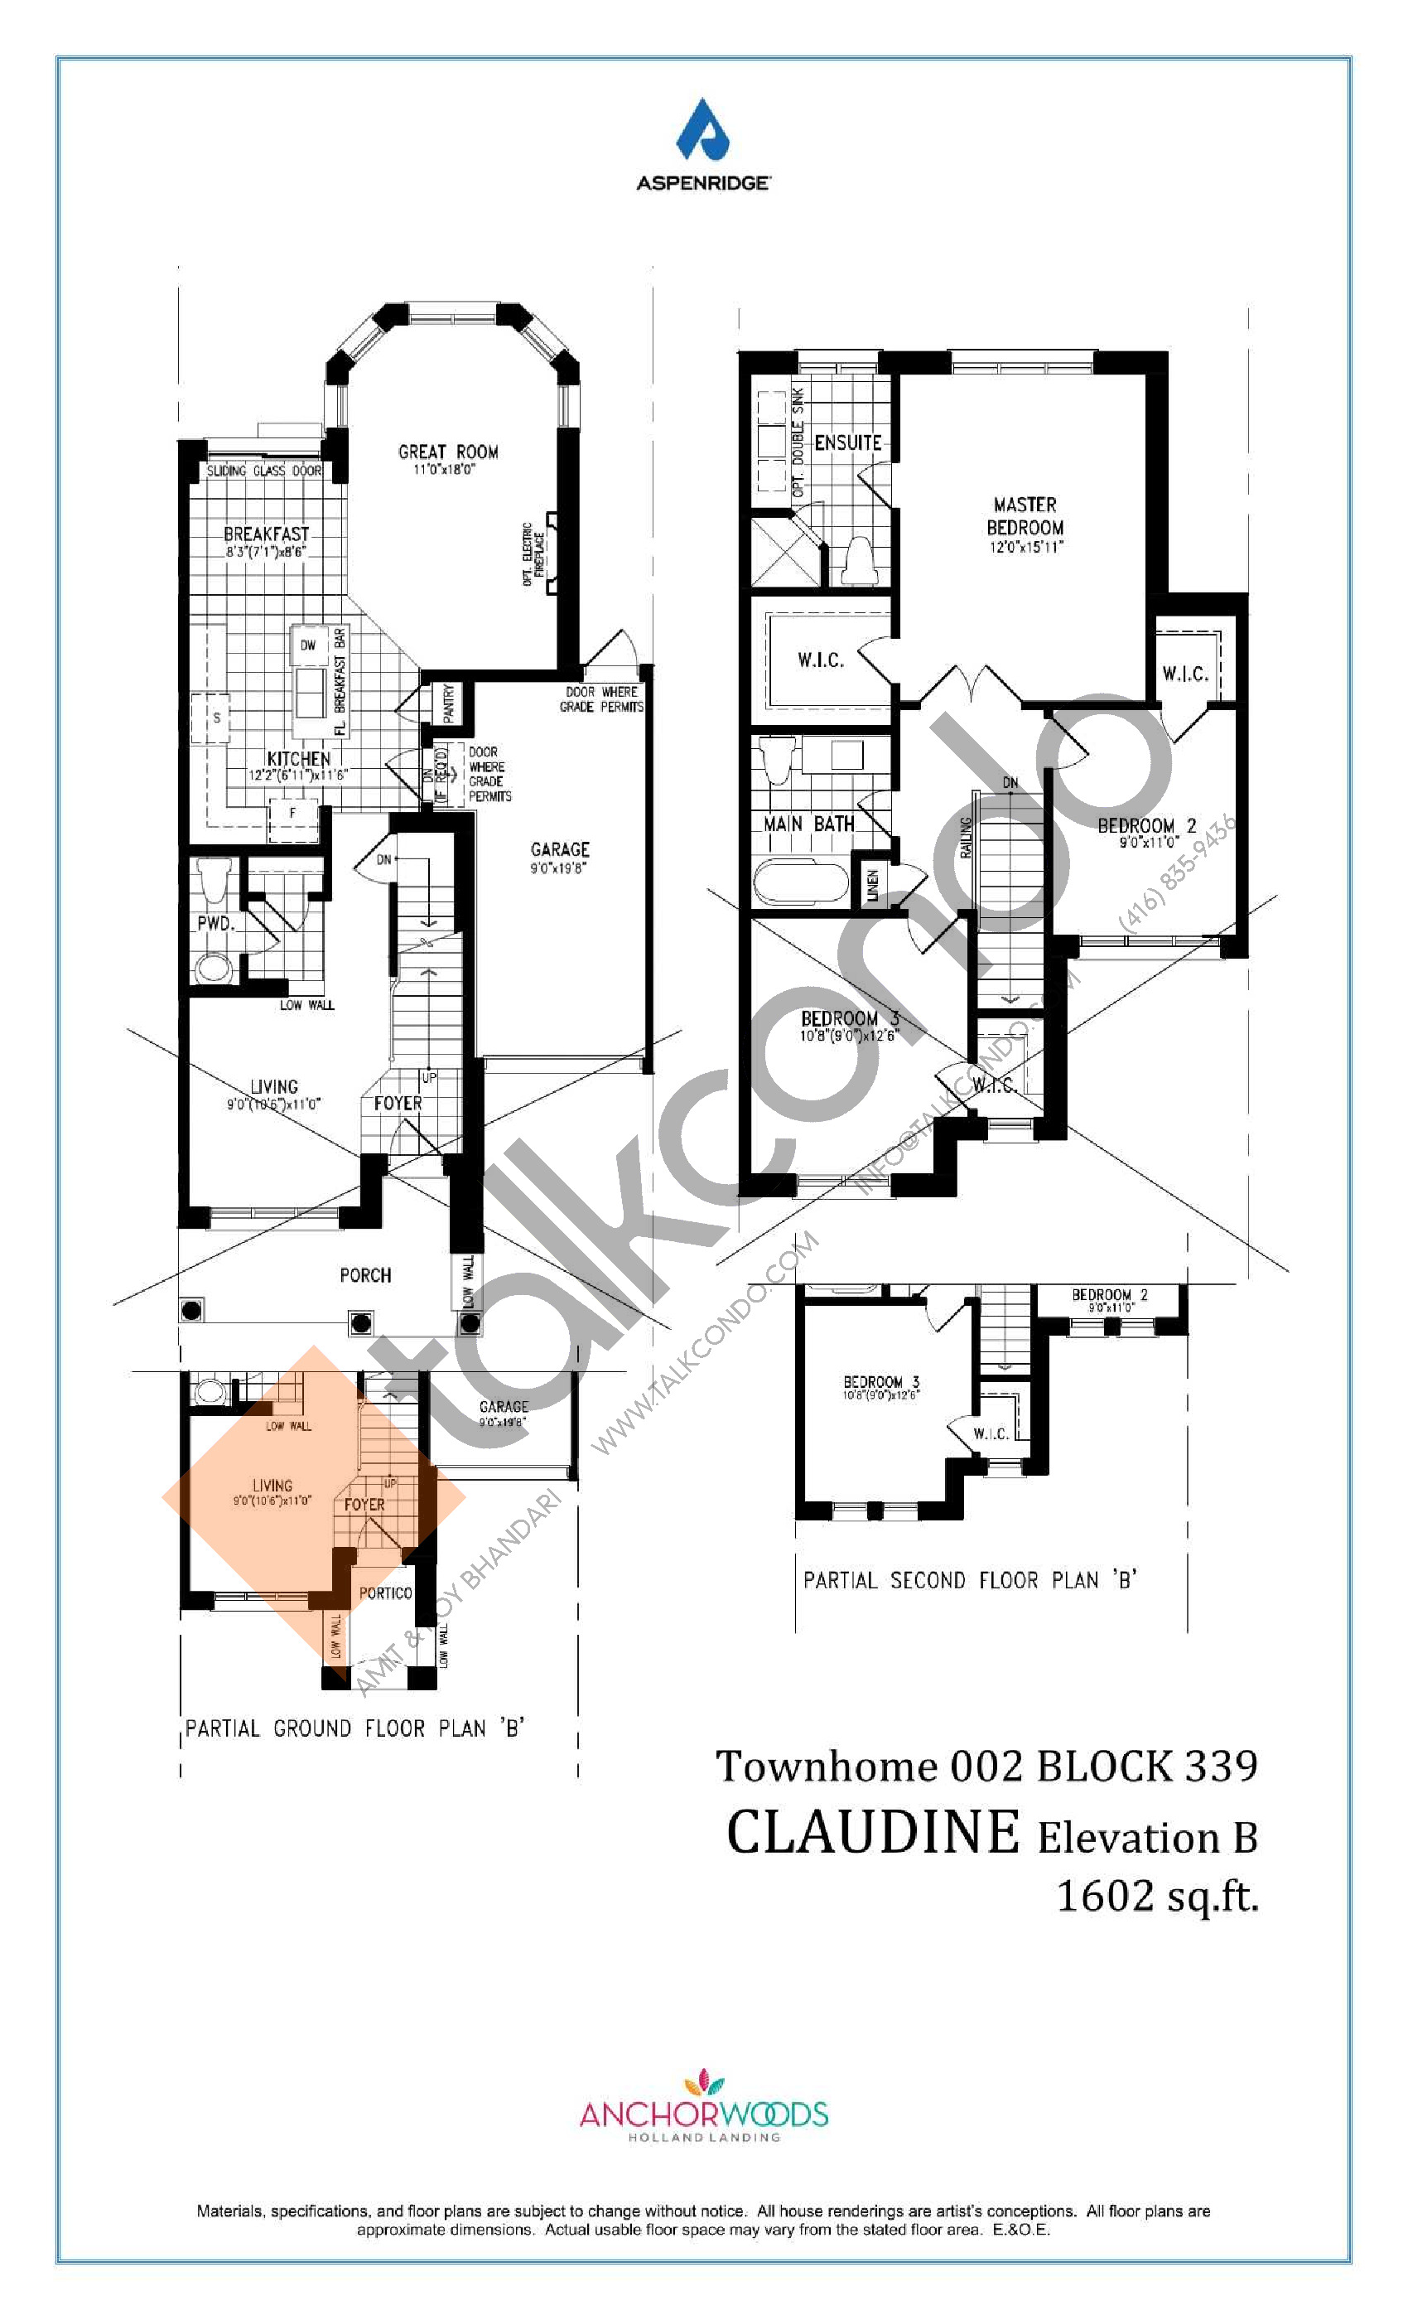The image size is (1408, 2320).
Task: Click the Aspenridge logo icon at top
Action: coord(703,131)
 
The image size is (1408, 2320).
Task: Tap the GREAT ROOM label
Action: coord(448,452)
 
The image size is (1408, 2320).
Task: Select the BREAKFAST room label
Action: coord(267,534)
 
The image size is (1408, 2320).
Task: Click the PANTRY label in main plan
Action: coord(449,703)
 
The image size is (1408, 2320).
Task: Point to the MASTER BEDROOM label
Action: coord(1025,516)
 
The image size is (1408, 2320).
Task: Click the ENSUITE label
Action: coord(847,442)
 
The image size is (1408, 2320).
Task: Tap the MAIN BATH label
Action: coord(808,824)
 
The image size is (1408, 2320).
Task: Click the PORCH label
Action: coord(365,1275)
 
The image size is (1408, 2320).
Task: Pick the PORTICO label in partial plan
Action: coord(385,1593)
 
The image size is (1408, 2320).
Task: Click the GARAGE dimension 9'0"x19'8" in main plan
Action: coord(558,868)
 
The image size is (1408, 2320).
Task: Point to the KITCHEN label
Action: coord(298,759)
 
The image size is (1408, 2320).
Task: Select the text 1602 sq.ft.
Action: coord(1157,1896)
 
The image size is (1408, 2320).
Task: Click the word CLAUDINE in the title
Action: coord(872,1833)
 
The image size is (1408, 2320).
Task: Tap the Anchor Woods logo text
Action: coord(703,2115)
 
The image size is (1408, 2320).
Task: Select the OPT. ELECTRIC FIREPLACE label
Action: coord(533,553)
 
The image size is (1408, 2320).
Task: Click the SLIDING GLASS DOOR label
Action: coord(263,471)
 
